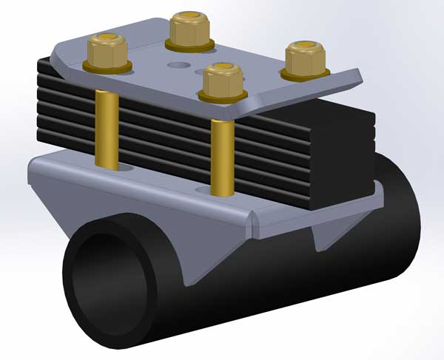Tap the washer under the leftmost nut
pos(109,68)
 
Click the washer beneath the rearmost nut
pos(190,47)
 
